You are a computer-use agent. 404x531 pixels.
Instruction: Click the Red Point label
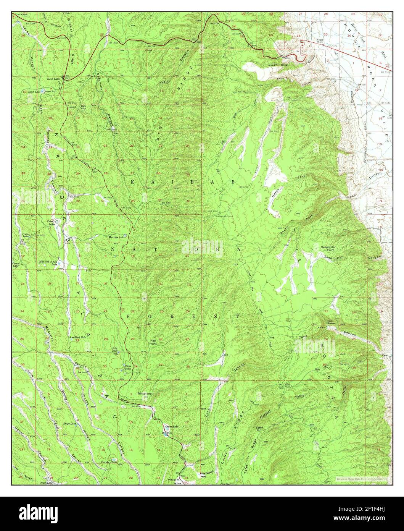click(153, 342)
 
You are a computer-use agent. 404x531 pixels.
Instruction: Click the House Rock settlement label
click(319, 41)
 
